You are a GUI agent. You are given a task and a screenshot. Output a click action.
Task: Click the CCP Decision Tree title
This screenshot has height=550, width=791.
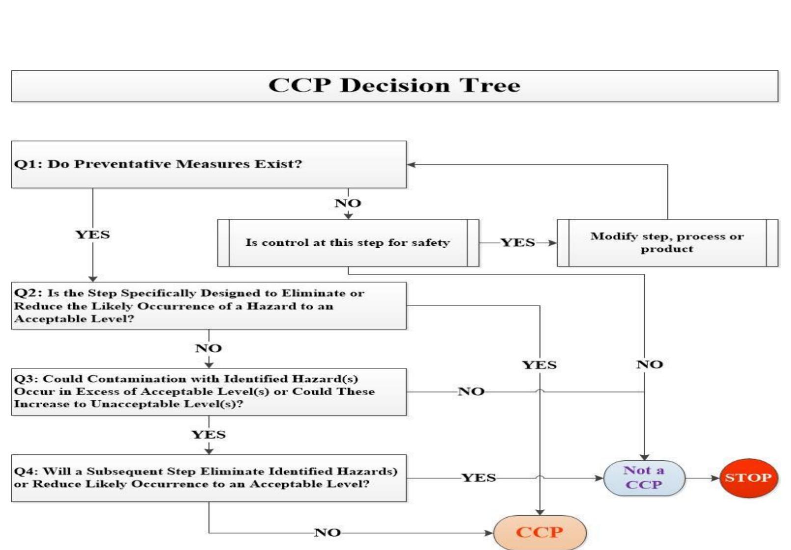(394, 86)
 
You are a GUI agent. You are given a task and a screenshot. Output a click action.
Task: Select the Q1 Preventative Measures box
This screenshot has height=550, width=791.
(209, 164)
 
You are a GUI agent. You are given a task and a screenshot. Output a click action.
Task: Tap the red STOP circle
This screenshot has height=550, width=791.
(748, 478)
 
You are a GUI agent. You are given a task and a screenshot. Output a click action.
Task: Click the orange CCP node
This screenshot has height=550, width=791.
(539, 532)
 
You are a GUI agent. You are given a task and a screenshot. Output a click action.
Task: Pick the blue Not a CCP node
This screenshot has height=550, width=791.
(644, 478)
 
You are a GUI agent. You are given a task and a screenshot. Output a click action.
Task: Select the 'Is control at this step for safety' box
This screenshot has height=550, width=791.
(348, 243)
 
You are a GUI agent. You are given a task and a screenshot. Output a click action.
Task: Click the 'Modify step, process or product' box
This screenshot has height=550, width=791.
(667, 243)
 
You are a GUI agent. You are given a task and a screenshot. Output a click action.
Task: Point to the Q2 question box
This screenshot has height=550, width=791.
(209, 306)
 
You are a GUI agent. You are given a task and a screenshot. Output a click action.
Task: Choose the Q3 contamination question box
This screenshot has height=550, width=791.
(209, 392)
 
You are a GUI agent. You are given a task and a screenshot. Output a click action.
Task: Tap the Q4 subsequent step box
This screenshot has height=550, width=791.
(209, 478)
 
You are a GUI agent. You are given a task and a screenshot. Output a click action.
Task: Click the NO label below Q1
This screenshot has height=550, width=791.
(348, 203)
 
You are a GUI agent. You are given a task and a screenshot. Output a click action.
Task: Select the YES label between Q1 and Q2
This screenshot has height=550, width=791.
(92, 235)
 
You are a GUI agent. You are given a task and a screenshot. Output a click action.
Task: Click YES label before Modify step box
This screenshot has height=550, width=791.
(518, 243)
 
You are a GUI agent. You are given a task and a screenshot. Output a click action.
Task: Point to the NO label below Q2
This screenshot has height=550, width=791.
(208, 348)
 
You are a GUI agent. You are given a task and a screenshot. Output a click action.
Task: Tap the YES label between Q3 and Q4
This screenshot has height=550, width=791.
(208, 435)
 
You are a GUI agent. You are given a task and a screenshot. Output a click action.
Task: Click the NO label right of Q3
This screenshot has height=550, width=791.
(471, 392)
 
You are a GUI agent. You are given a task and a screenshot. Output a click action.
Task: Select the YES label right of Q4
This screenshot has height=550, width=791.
(479, 478)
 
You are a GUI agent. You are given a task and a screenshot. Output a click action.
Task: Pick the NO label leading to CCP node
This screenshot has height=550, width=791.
(327, 532)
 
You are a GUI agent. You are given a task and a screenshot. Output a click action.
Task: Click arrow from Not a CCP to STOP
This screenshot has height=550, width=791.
(703, 478)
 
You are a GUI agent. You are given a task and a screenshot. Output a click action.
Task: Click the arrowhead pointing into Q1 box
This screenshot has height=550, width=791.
(411, 164)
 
